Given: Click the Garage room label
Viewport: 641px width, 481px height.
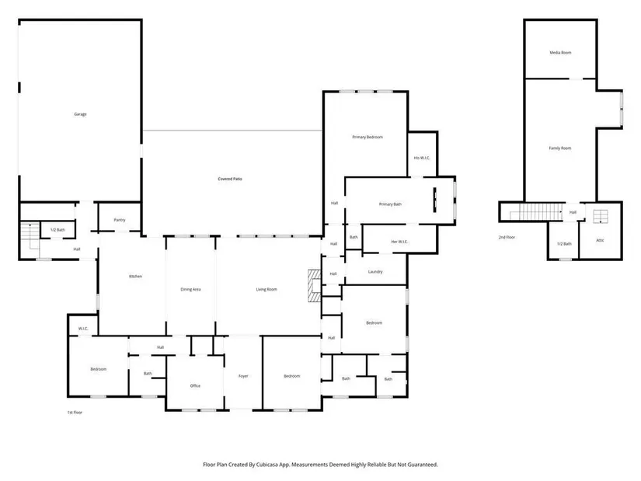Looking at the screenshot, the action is [80, 114].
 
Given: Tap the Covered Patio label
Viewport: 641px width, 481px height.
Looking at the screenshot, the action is [230, 179].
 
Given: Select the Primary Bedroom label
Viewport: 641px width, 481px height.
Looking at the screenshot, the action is [368, 137].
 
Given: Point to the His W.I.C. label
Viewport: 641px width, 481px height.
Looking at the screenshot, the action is [422, 158].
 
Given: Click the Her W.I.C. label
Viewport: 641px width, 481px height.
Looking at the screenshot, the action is [399, 242].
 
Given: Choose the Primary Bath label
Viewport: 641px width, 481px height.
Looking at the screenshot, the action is [390, 204].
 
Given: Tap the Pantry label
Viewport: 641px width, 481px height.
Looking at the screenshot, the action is [120, 220].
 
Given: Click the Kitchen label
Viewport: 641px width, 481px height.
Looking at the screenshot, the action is [136, 277].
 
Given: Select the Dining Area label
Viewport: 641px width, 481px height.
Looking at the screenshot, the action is [190, 290].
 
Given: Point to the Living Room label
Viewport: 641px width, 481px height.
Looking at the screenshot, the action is [267, 290].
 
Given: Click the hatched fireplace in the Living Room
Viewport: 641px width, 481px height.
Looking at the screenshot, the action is [314, 285].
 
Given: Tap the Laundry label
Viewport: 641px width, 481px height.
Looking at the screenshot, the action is [375, 272].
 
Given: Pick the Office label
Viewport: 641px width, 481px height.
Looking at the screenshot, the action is [195, 385].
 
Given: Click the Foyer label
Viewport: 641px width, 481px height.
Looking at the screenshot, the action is [243, 376].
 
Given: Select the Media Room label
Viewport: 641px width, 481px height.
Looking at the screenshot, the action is [560, 53].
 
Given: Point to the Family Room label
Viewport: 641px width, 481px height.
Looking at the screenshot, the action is [560, 148].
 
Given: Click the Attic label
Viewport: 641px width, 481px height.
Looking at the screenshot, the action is [600, 241].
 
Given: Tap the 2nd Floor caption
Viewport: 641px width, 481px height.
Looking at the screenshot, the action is [507, 237].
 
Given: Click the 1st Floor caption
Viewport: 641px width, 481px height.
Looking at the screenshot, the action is [75, 413].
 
